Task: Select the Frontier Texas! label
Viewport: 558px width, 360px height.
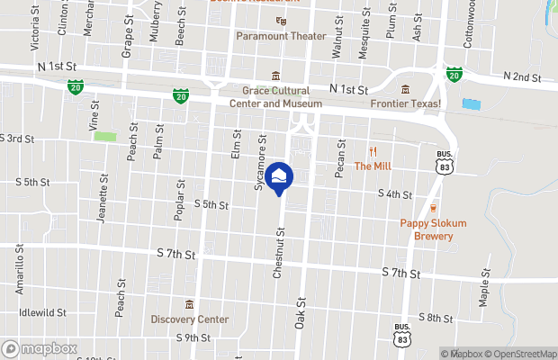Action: tap(404, 104)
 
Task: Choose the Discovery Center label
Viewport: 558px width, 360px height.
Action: tap(189, 319)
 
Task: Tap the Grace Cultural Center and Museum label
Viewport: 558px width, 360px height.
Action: tap(275, 96)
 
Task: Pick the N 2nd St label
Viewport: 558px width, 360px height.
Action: tap(523, 77)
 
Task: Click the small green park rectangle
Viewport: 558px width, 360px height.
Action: tap(105, 137)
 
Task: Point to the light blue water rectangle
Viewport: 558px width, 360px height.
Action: tap(471, 104)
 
